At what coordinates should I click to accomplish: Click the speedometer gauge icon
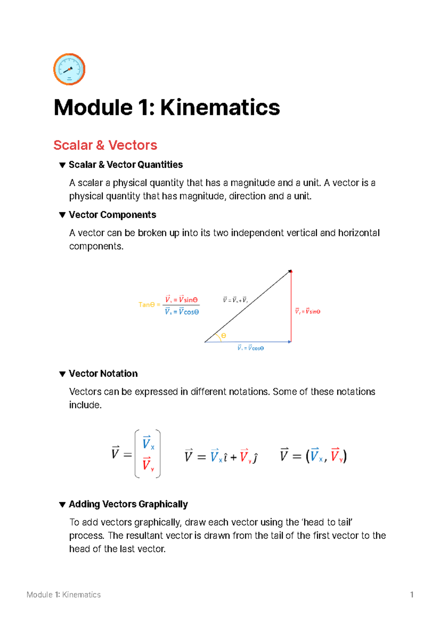[x=69, y=69]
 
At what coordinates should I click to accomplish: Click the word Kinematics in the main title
[x=220, y=108]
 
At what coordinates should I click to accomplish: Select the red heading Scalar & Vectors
[x=105, y=145]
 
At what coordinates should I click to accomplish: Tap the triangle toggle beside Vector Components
[x=62, y=215]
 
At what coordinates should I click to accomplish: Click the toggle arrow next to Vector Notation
[x=62, y=374]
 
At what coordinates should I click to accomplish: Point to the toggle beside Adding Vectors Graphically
[x=62, y=504]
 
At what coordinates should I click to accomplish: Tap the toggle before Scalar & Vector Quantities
[x=62, y=165]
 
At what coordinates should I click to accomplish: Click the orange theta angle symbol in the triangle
[x=224, y=336]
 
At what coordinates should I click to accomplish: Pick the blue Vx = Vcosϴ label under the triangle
[x=250, y=348]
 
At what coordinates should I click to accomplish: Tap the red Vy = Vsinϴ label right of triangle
[x=308, y=311]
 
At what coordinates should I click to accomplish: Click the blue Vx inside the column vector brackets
[x=148, y=443]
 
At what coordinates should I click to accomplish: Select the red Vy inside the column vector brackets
[x=148, y=464]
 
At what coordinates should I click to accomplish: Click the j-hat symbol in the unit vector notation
[x=256, y=457]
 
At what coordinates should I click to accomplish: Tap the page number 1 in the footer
[x=412, y=595]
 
